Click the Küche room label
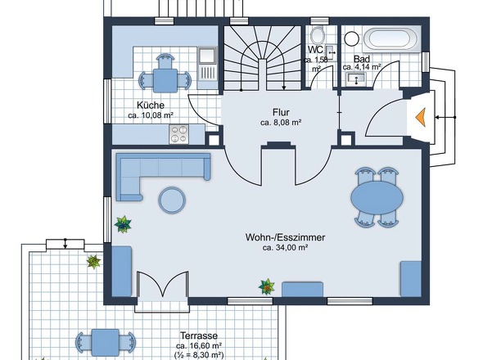coord(151,106)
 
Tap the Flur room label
coord(281,112)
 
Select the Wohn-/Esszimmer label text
coord(285,237)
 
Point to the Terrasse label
coord(199,335)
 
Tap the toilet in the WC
coord(317,35)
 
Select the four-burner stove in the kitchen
coord(179,134)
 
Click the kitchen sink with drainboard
coord(208,64)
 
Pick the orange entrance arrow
coord(421,117)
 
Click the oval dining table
coord(377,198)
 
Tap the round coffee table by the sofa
coord(172,200)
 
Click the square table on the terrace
coord(106,342)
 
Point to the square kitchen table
coord(165,81)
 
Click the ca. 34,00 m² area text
coord(286,248)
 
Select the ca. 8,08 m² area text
coord(281,123)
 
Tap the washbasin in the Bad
coord(356,79)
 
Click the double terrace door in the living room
coord(162,285)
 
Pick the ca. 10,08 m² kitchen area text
coord(151,115)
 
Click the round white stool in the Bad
coord(351,38)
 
